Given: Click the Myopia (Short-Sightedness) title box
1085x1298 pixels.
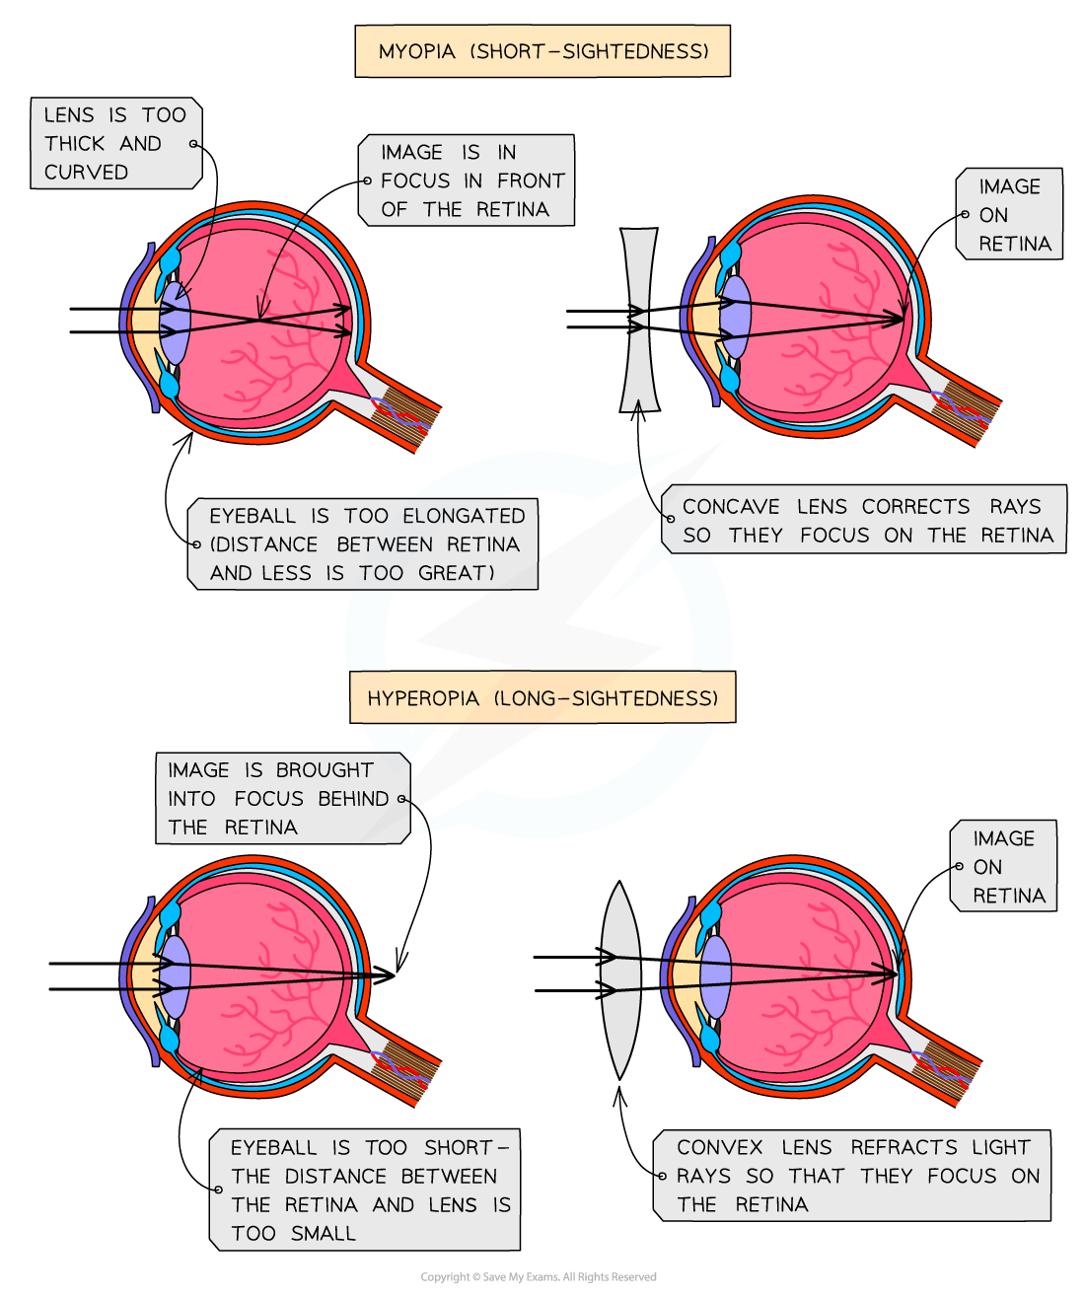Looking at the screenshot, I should tap(542, 51).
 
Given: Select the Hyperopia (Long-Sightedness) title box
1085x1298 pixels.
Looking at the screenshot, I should tap(542, 698).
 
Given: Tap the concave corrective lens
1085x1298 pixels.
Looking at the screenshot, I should tap(638, 321).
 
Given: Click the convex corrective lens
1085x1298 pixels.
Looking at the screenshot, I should tap(620, 979).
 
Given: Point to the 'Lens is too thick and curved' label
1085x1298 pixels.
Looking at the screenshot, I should tap(115, 143).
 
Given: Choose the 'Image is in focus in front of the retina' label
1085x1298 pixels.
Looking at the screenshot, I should tap(467, 180).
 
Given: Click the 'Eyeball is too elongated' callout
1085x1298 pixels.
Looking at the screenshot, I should tap(364, 544).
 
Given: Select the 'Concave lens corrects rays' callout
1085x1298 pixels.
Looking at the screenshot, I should tap(864, 520).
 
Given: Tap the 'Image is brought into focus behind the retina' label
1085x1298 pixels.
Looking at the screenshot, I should tap(281, 799).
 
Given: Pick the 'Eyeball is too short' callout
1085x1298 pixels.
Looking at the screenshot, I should tap(366, 1190).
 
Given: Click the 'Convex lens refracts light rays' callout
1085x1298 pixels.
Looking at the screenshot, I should tap(852, 1176).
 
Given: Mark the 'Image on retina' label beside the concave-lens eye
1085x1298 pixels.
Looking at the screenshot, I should tap(1010, 215).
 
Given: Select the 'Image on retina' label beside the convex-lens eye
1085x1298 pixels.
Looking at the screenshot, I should tap(1004, 867).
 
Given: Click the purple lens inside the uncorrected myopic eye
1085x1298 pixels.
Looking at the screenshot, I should tap(175, 323).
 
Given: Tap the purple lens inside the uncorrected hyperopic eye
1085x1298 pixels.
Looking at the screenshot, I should tap(175, 977).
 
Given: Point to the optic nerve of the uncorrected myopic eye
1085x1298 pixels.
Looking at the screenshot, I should tap(402, 413).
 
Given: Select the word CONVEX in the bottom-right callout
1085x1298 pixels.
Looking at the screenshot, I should tap(719, 1147).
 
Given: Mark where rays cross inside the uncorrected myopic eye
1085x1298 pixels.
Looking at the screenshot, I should tap(259, 319).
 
